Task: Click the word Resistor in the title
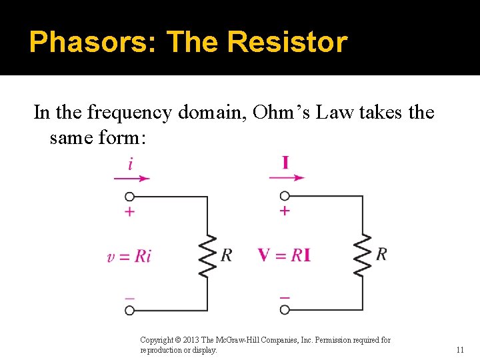(x=287, y=42)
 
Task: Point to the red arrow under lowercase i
(x=132, y=178)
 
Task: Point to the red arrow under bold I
(x=287, y=178)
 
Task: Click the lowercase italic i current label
(x=130, y=163)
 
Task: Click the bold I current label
(x=285, y=162)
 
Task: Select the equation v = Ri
(x=129, y=256)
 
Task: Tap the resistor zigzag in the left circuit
(x=209, y=255)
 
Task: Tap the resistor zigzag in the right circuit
(x=363, y=255)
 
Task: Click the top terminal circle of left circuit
(x=130, y=197)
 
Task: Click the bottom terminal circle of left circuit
(x=130, y=310)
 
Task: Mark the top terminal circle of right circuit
(x=285, y=196)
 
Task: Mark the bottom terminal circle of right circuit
(x=285, y=310)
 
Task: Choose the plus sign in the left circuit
(x=130, y=211)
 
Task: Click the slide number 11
(x=460, y=349)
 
